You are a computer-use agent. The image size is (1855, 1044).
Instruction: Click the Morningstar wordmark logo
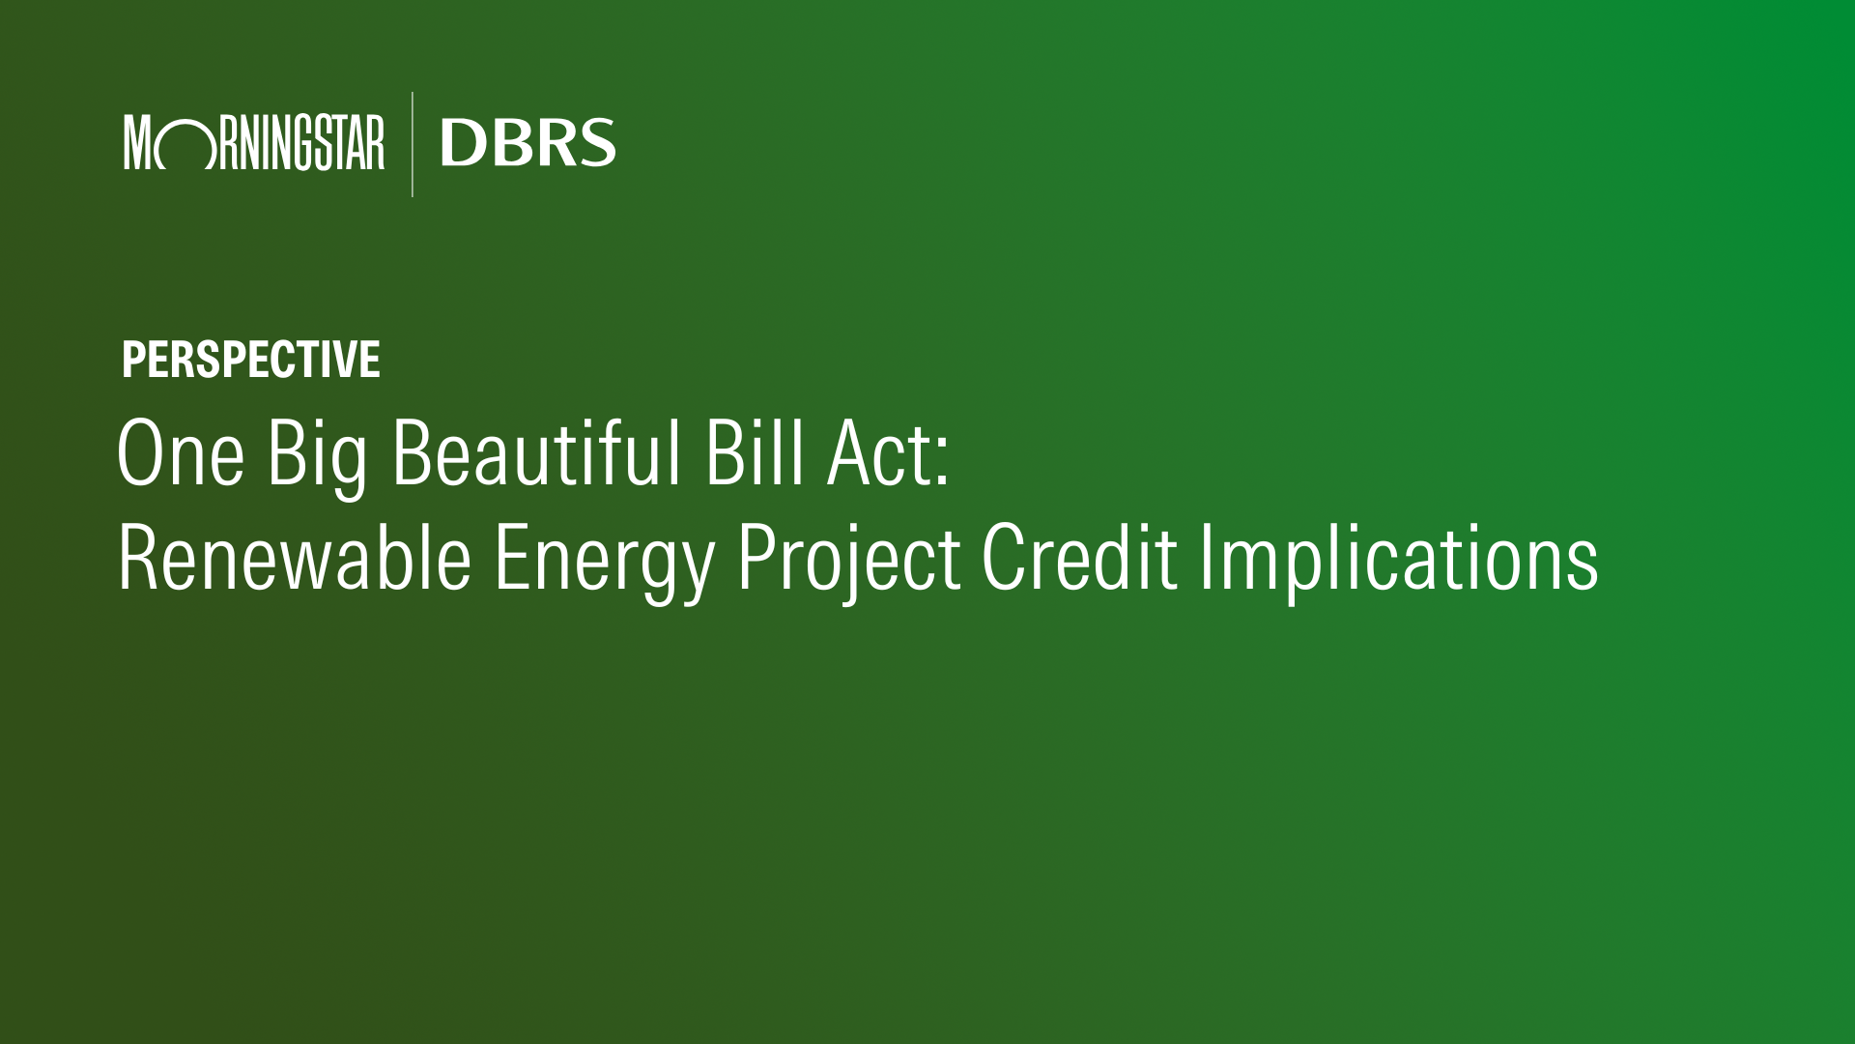click(254, 142)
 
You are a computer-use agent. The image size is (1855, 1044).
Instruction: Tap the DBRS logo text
click(528, 143)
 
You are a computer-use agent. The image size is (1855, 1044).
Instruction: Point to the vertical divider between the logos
click(413, 144)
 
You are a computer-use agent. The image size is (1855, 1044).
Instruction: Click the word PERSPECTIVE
click(251, 360)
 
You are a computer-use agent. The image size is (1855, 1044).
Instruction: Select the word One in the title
click(181, 452)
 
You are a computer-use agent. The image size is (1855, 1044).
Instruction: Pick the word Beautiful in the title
click(537, 451)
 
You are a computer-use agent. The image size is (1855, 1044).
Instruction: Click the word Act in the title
click(880, 452)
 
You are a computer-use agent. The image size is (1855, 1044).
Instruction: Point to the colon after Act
click(943, 463)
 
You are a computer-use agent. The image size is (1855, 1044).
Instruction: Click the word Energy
click(604, 565)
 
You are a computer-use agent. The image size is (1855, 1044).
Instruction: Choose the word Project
click(848, 565)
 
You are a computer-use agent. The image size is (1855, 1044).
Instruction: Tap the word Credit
click(1079, 557)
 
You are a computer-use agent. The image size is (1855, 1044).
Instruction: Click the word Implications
click(1399, 565)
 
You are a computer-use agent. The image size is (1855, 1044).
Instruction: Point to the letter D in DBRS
click(463, 143)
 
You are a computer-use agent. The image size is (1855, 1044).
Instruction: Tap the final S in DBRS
click(597, 143)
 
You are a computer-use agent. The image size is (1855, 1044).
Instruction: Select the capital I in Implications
click(1206, 558)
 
